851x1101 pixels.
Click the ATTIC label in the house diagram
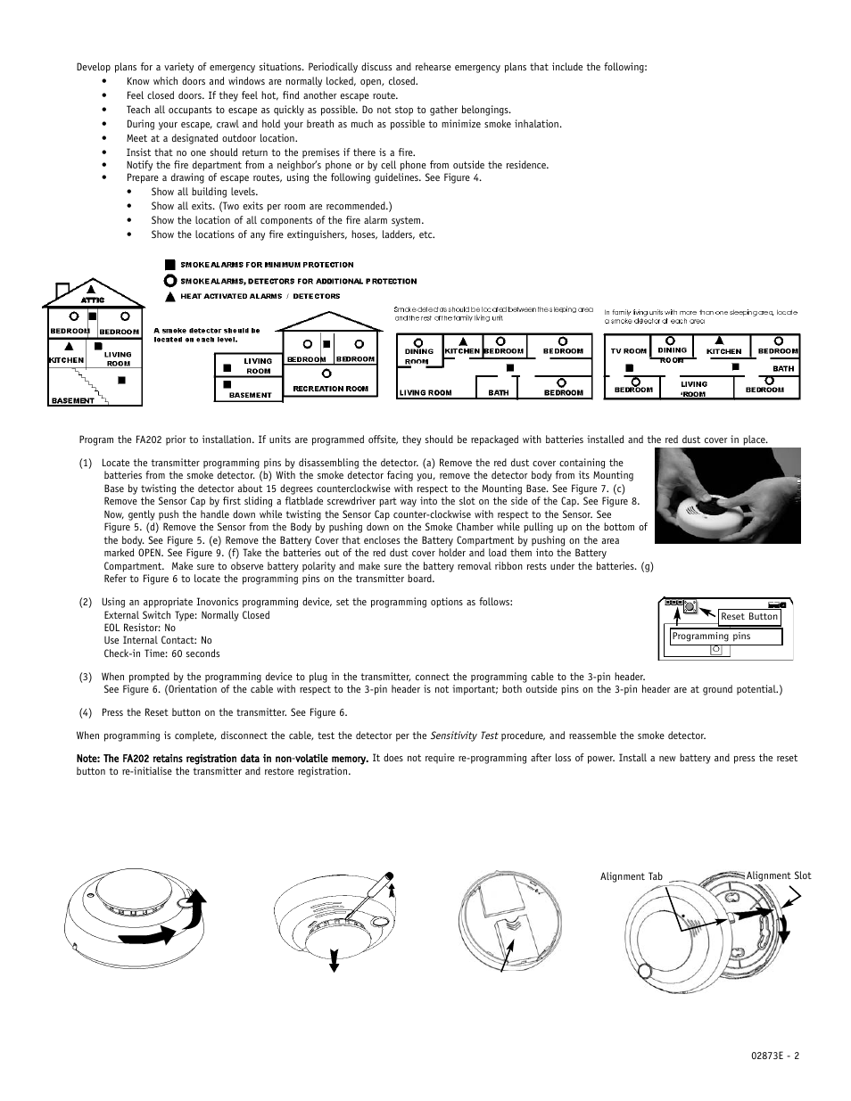93,300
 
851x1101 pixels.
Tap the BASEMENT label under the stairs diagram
72,401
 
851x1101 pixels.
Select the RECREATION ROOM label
330,389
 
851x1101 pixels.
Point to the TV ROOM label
628,351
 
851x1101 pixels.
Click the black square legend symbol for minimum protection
169,265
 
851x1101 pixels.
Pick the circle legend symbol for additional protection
169,280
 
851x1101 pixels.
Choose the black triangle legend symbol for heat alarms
169,295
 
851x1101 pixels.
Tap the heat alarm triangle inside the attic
91,289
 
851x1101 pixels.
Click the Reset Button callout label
749,617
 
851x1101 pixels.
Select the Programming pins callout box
726,637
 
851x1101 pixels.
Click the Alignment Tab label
632,877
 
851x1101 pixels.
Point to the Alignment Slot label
778,876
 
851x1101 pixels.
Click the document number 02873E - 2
775,1056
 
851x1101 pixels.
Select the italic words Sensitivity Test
464,736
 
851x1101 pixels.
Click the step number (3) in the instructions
86,677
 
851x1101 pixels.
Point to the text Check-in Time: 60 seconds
161,653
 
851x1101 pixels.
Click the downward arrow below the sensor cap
334,961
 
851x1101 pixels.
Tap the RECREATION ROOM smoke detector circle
327,373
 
